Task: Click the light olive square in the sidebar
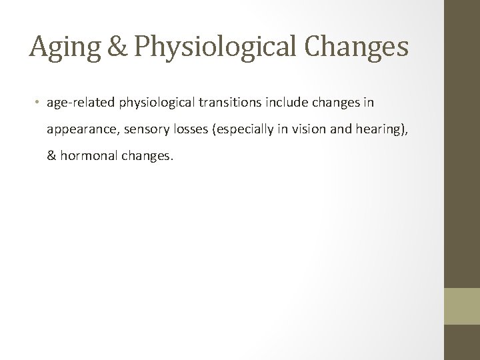tap(462, 306)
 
